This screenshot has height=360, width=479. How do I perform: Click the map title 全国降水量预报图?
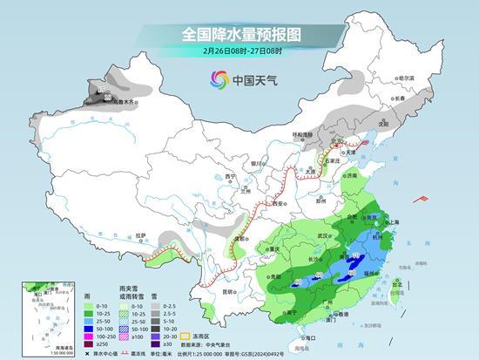click(239, 35)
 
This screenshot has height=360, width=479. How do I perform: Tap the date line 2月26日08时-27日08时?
click(239, 51)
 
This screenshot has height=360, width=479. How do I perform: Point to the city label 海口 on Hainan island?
click(305, 336)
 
